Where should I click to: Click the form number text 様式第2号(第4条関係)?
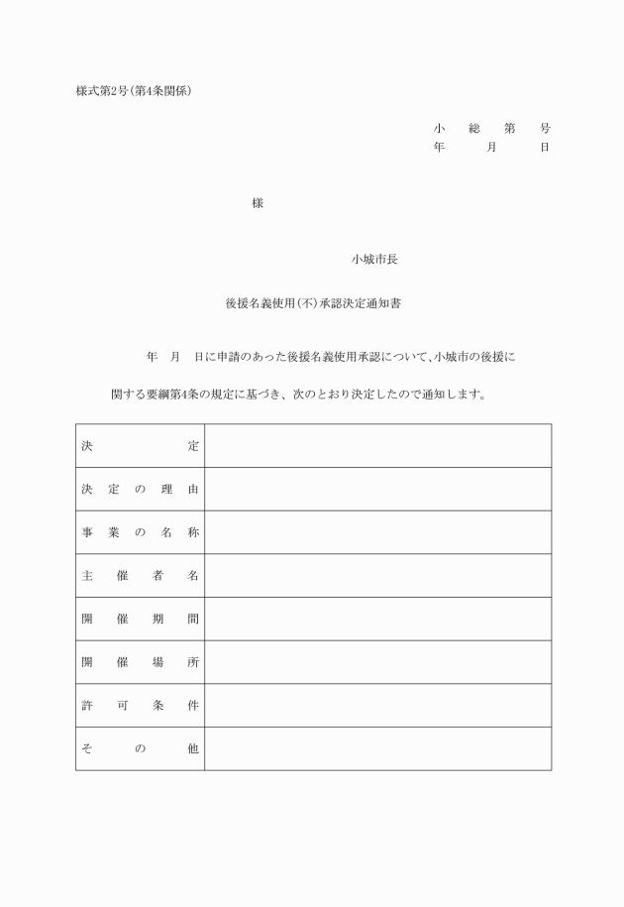[x=133, y=92]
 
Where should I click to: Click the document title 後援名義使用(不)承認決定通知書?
[x=312, y=305]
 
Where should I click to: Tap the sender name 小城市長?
[x=374, y=260]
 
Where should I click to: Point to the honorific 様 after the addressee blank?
[x=258, y=203]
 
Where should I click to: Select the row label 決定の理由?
[x=140, y=490]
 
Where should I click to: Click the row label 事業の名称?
[x=140, y=532]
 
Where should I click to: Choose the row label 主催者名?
[x=140, y=576]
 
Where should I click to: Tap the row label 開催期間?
[x=140, y=620]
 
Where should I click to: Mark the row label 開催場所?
[x=140, y=662]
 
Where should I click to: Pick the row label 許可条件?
[x=140, y=706]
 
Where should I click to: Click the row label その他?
[x=140, y=749]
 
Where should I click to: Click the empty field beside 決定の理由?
[x=377, y=490]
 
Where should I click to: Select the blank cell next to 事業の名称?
[x=377, y=532]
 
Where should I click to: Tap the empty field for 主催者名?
[x=377, y=576]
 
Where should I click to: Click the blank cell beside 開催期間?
[x=377, y=620]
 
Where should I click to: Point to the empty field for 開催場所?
[x=377, y=662]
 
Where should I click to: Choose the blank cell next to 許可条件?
[x=377, y=706]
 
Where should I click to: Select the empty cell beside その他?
[x=377, y=749]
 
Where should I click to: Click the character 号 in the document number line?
[x=545, y=129]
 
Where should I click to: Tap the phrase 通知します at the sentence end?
[x=452, y=395]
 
